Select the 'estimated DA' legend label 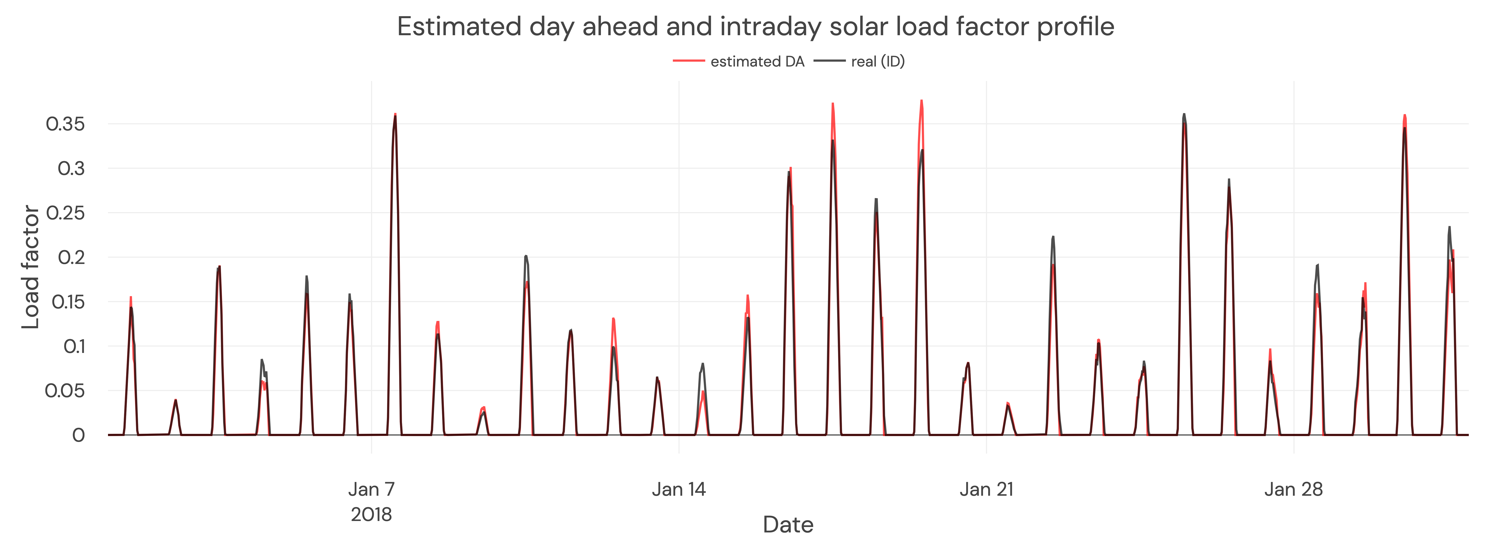pos(757,62)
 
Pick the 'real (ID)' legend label pos(877,62)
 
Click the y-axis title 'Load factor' pos(30,267)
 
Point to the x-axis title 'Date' pos(788,524)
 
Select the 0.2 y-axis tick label pos(71,257)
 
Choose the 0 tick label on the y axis pos(78,435)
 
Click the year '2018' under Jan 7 pos(372,515)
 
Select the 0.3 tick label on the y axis pos(71,168)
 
